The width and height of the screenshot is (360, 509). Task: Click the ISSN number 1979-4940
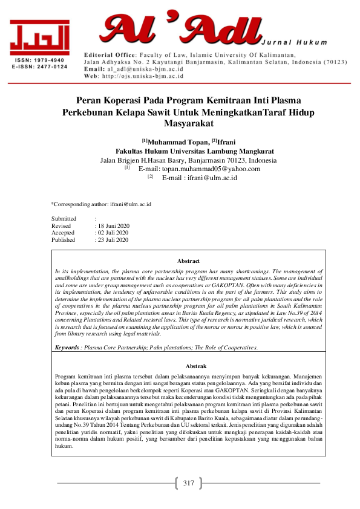(48, 61)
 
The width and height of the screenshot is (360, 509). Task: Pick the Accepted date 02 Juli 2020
(114, 233)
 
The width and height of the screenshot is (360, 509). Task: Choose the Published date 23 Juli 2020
(114, 240)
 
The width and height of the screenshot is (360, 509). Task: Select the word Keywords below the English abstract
(67, 348)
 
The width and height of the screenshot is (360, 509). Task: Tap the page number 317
(188, 483)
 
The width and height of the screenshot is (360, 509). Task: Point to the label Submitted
(64, 218)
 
